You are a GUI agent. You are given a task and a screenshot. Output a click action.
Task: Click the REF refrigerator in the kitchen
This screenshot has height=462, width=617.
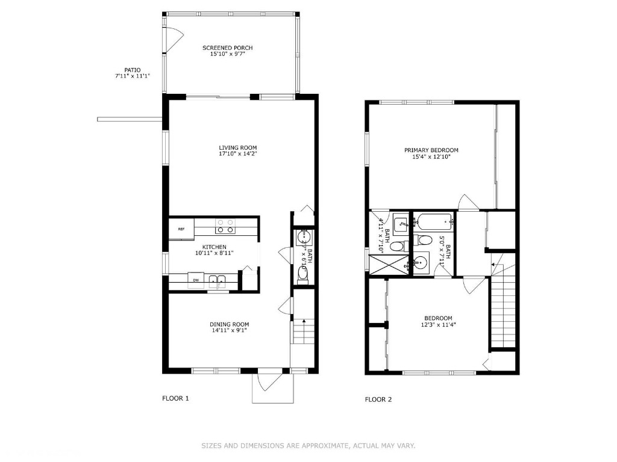tap(181, 229)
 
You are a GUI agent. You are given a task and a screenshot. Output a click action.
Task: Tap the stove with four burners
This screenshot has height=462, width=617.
tap(226, 226)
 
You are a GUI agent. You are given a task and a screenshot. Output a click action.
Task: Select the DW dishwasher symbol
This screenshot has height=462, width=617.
tap(196, 280)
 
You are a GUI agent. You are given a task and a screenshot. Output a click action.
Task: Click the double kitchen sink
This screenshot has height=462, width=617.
tap(217, 280)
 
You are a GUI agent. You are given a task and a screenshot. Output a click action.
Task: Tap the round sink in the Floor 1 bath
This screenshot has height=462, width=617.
tap(302, 235)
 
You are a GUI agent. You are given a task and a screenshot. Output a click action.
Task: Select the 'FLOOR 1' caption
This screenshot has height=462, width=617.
tap(175, 398)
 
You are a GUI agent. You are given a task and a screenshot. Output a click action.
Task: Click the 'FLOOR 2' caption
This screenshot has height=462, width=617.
tap(378, 399)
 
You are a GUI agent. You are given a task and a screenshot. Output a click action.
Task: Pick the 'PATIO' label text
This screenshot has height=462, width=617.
tap(132, 70)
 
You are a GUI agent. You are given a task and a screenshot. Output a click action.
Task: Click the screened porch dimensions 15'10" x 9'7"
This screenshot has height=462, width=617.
tap(227, 54)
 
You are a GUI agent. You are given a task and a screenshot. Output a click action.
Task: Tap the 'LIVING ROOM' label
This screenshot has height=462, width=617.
tap(238, 147)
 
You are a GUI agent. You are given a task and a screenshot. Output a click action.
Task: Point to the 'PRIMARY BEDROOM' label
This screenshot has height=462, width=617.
tap(431, 150)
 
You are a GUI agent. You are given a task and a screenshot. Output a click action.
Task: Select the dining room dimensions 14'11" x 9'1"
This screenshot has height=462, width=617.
tap(229, 330)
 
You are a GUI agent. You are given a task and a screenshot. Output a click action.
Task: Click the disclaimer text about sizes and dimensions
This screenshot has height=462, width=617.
tap(308, 446)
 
